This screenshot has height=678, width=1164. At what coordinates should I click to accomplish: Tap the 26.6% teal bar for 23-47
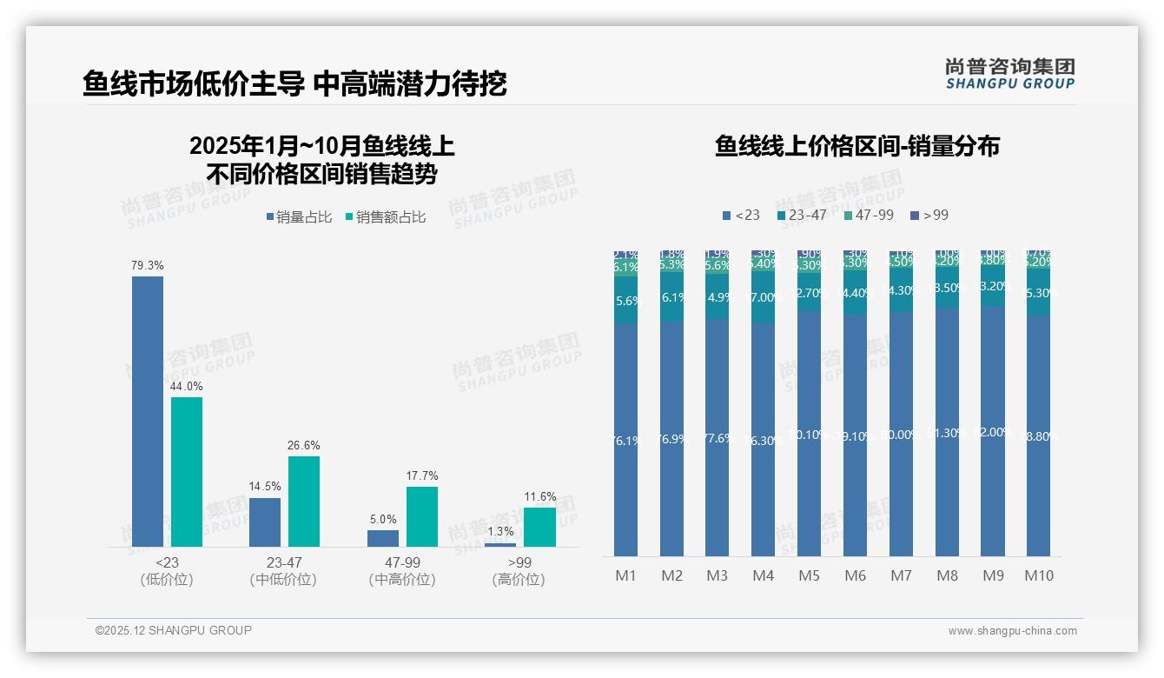click(x=304, y=502)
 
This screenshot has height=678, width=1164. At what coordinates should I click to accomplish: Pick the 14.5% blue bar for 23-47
click(x=265, y=522)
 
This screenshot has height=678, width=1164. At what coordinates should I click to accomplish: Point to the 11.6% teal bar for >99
click(x=540, y=527)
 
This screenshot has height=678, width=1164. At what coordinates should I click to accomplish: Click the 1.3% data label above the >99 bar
click(x=500, y=532)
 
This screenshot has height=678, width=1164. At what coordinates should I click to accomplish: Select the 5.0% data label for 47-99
click(x=383, y=519)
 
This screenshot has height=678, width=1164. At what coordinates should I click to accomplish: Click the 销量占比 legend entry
click(x=299, y=217)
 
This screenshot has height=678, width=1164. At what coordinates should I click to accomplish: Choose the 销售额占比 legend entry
click(x=386, y=217)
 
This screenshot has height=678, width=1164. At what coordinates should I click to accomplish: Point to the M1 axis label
click(x=626, y=575)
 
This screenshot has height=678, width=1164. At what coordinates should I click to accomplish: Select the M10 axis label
click(x=1039, y=575)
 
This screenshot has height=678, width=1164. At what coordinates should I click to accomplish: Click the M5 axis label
click(x=809, y=575)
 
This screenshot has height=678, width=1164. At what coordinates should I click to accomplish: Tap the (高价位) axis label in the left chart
click(x=519, y=580)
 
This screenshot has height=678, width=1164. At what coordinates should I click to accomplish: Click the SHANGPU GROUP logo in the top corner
click(x=1009, y=74)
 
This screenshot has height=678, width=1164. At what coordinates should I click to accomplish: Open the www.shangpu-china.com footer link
click(x=1012, y=631)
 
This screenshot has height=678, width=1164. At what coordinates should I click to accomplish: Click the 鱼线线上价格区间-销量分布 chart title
click(x=856, y=146)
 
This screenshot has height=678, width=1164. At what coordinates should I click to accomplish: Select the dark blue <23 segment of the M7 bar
click(x=902, y=435)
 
